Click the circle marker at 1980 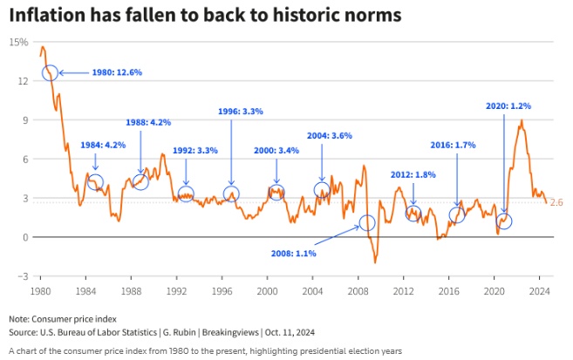pyautogui.click(x=50, y=73)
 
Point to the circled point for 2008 pyautogui.click(x=367, y=222)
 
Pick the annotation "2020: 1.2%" pyautogui.click(x=508, y=105)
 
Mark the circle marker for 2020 pyautogui.click(x=503, y=221)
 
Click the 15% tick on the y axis pyautogui.click(x=17, y=42)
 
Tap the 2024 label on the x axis pyautogui.click(x=539, y=289)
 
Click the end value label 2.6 pyautogui.click(x=557, y=202)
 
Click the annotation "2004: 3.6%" pyautogui.click(x=330, y=136)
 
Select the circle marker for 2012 pyautogui.click(x=413, y=214)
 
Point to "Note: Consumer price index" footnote pyautogui.click(x=63, y=319)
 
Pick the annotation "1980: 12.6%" pyautogui.click(x=116, y=73)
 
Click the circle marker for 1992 pyautogui.click(x=186, y=194)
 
